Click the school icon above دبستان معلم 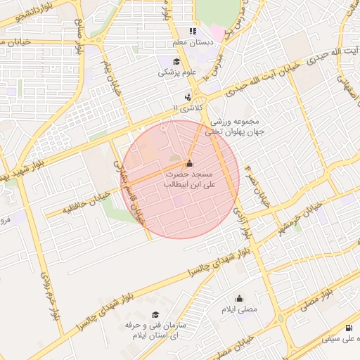[x=191, y=31]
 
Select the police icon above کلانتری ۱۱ [x=187, y=97]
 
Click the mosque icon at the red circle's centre [x=188, y=163]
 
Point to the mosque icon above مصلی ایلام [x=239, y=297]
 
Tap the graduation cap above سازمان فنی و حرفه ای [x=155, y=315]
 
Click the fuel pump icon [x=349, y=328]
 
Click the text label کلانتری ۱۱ [x=187, y=108]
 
